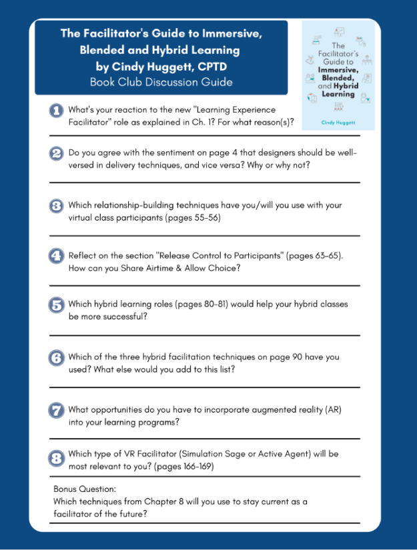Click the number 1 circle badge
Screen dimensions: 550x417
click(x=57, y=111)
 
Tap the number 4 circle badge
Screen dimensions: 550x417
click(x=57, y=256)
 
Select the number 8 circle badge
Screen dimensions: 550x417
click(x=57, y=459)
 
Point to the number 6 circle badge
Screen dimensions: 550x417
click(x=57, y=357)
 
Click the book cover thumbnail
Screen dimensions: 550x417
click(x=338, y=75)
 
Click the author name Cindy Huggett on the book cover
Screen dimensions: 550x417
click(x=338, y=123)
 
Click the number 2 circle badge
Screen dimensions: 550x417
click(x=57, y=153)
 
